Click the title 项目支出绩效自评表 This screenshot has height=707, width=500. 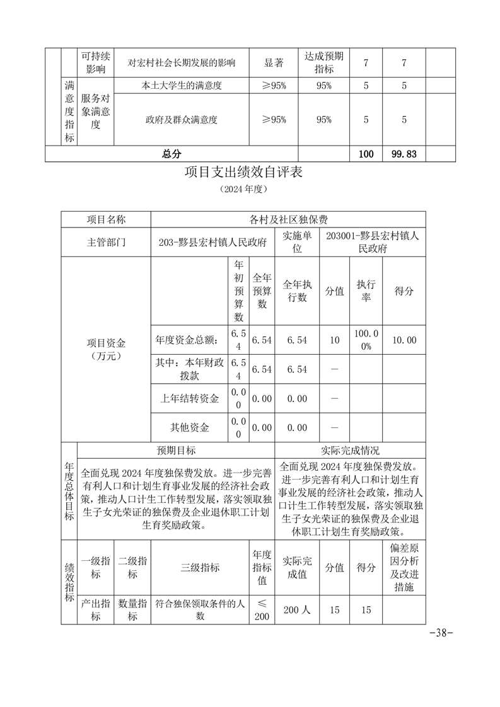(x=244, y=171)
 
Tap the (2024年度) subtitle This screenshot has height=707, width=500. (x=244, y=189)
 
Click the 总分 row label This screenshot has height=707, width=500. (x=171, y=154)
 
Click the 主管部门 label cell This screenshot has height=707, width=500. (x=106, y=242)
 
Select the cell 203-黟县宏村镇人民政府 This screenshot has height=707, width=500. (x=212, y=242)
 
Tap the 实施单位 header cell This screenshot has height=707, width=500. (x=297, y=242)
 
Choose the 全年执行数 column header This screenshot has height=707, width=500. (x=297, y=291)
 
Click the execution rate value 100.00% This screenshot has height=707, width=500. (x=366, y=340)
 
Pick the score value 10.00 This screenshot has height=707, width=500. (x=404, y=340)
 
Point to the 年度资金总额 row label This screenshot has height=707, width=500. (x=187, y=340)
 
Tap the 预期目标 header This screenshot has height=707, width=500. (x=176, y=451)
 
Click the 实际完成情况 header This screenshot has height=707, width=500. (x=350, y=451)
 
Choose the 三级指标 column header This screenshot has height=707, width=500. (x=201, y=567)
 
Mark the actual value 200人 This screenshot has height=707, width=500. (x=297, y=609)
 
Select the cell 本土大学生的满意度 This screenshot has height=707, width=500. (x=183, y=86)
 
